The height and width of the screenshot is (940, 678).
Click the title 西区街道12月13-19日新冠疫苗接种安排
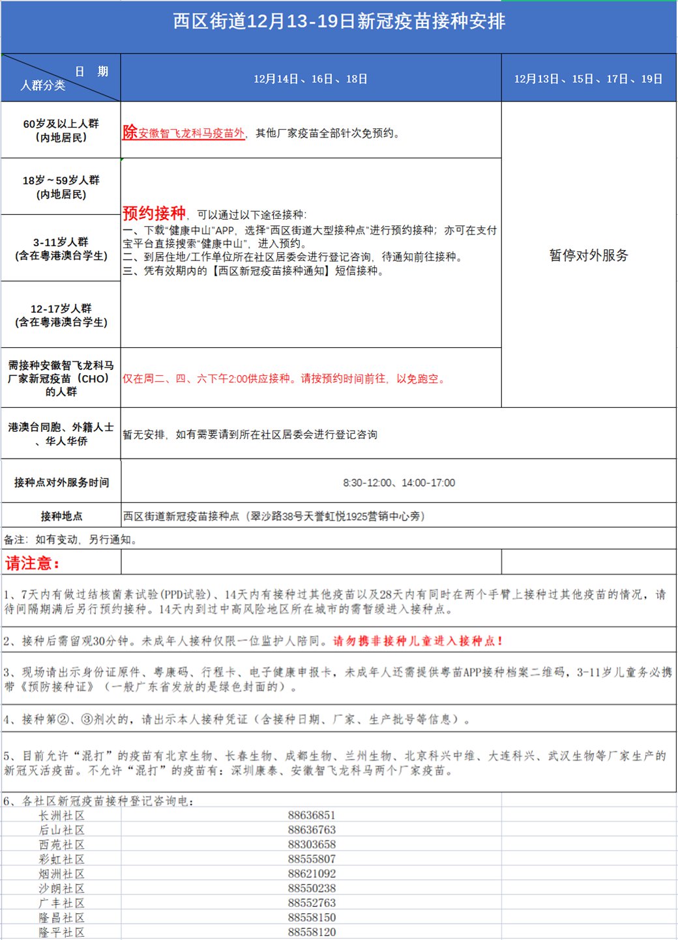(339, 21)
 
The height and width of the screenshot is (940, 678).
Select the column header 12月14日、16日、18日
(310, 79)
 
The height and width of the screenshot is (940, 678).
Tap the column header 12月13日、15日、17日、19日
(588, 79)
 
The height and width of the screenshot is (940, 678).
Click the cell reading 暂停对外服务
(588, 255)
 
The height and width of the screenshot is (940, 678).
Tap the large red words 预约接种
(154, 213)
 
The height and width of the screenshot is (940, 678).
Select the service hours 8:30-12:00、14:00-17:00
(399, 483)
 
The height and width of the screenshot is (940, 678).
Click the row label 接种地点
(61, 516)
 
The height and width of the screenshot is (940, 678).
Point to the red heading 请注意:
(32, 563)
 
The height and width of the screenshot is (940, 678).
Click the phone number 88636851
(312, 816)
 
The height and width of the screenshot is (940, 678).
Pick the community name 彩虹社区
(61, 859)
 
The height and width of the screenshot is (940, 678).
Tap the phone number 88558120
(312, 932)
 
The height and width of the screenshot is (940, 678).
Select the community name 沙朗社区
(61, 889)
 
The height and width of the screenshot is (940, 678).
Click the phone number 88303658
(312, 845)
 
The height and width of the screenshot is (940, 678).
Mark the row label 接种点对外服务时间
(61, 483)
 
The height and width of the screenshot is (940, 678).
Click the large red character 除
(130, 132)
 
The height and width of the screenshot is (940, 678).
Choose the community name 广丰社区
(61, 903)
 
